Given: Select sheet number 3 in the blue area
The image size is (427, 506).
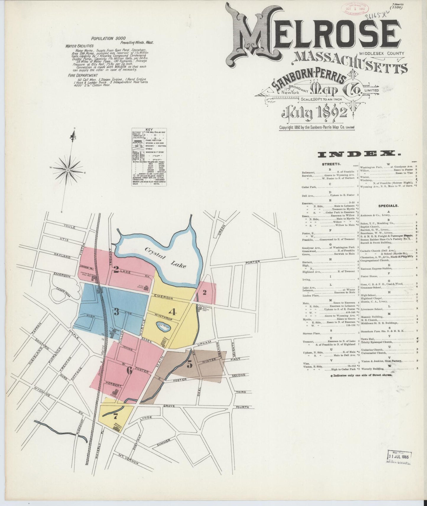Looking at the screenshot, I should (x=116, y=312).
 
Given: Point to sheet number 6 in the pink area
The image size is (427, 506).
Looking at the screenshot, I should (x=129, y=370).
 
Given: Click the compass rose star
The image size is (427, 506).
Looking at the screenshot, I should (x=68, y=170).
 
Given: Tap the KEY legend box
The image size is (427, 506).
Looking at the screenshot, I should (x=149, y=157).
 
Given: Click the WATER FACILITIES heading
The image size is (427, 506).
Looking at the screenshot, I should (x=80, y=46).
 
